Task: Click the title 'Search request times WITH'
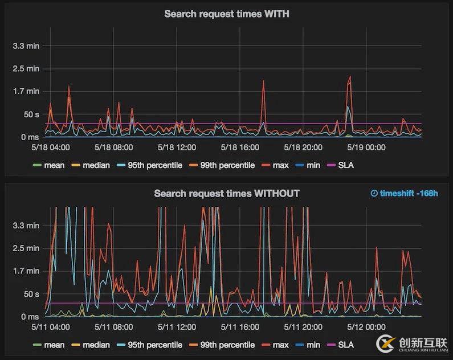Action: point(226,14)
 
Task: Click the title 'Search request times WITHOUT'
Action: point(226,194)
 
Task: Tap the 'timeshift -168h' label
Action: point(404,194)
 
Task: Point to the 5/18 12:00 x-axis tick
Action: point(177,148)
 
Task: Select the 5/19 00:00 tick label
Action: point(366,148)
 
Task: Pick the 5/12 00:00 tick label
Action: point(366,328)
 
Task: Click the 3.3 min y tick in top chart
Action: point(26,46)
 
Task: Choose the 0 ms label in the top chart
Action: point(30,137)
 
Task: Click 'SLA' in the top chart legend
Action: point(345,165)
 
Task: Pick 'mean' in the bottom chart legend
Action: point(54,345)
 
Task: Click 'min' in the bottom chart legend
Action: point(313,345)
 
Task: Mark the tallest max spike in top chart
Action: point(349,76)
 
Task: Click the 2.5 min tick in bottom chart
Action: point(26,248)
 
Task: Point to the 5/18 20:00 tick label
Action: point(303,148)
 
